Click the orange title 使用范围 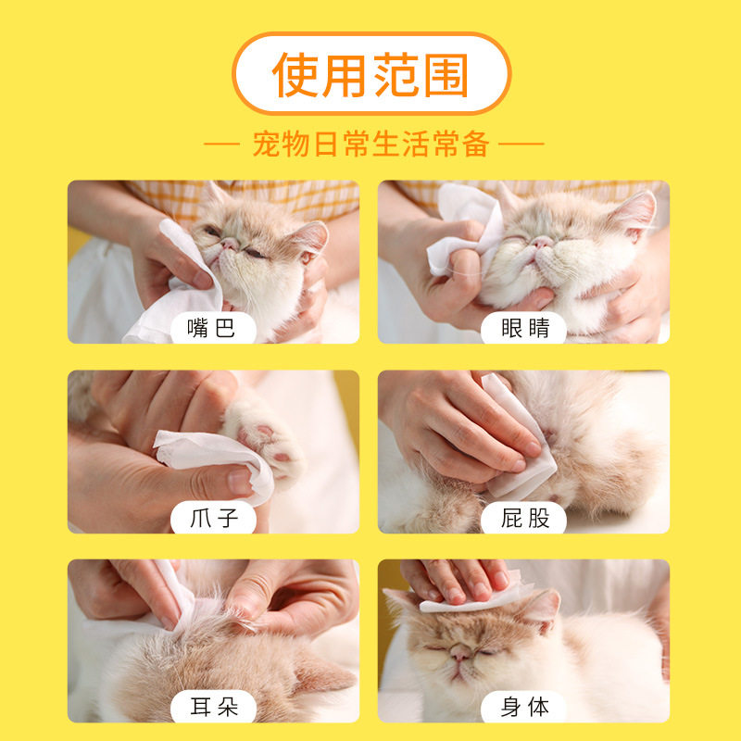click(x=370, y=75)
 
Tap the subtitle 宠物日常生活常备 click(x=371, y=144)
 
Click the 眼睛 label click(x=525, y=328)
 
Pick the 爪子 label click(x=214, y=518)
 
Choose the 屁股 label click(x=525, y=518)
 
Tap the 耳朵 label click(x=214, y=708)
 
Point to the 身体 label click(x=524, y=708)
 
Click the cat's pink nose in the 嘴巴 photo click(x=230, y=244)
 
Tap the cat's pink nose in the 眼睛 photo click(x=542, y=242)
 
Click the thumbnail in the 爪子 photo click(x=240, y=481)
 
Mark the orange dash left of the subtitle click(x=222, y=144)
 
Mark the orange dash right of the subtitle click(x=521, y=144)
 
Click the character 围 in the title click(x=446, y=75)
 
